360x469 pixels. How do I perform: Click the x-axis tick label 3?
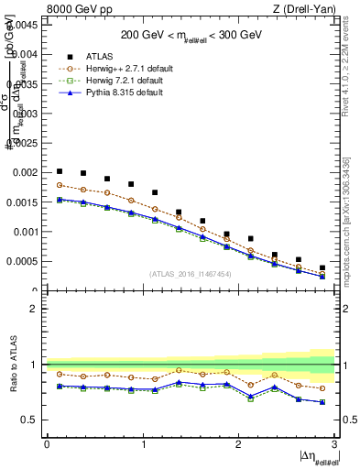(x=335, y=444)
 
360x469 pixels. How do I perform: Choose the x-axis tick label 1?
(x=143, y=444)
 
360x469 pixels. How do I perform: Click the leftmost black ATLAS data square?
(x=60, y=171)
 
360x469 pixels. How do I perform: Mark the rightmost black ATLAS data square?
(x=322, y=267)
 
